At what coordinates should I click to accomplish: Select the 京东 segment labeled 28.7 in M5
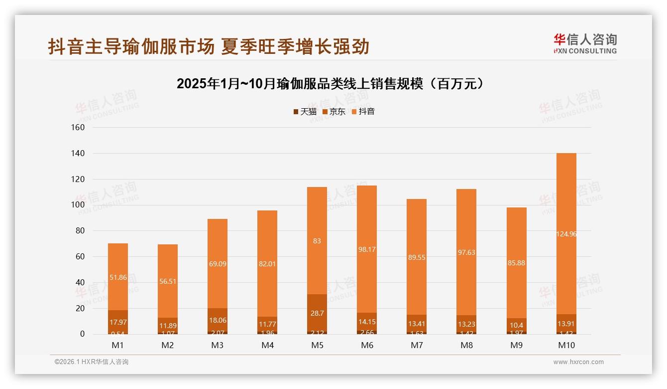coord(317,313)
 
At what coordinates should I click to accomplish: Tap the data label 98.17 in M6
coord(367,249)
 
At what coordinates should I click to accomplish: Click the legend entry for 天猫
coord(305,112)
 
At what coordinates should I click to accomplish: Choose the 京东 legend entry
coord(334,112)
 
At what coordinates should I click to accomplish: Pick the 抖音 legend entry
coord(363,112)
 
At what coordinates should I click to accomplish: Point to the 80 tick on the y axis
coord(79,231)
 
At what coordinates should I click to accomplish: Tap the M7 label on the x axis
coord(417,345)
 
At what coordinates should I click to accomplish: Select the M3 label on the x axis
coord(218,345)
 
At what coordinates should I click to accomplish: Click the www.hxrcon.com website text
coord(578,362)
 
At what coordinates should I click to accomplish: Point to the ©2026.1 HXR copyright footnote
coord(92,362)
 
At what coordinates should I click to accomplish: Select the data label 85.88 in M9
coord(516,263)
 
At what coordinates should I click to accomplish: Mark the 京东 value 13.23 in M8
coord(466,324)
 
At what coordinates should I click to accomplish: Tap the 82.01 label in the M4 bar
coord(267,264)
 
